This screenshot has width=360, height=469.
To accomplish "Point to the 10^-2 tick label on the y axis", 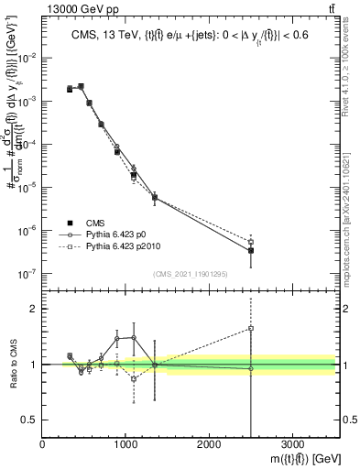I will point(27,59).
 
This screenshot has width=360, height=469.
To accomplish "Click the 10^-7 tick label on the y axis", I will point(27,273).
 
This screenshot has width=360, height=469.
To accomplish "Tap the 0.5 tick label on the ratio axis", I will point(29,419).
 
